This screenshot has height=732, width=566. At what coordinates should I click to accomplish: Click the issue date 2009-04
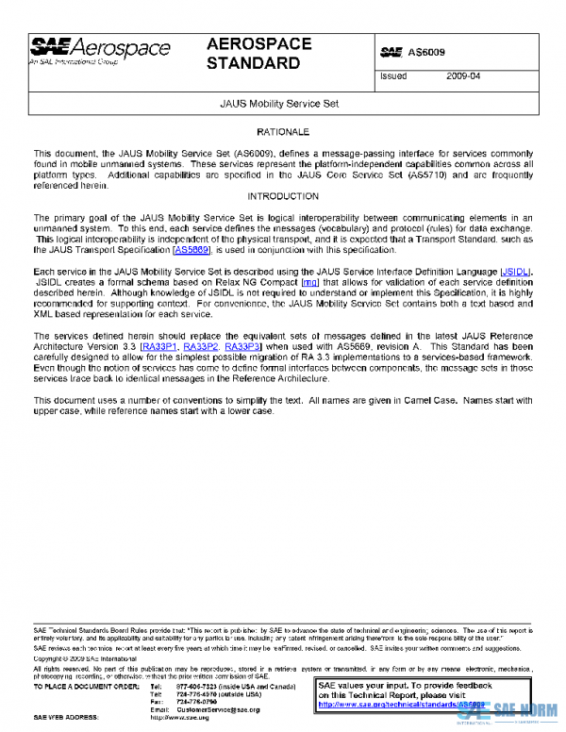coord(463,76)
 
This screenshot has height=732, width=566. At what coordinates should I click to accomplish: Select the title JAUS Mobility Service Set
coord(279,103)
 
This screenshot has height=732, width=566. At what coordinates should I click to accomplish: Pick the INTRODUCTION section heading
coord(283,196)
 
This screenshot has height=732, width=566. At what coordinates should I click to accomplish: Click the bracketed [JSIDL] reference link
coord(516,272)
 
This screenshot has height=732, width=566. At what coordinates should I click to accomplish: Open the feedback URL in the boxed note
coord(401,704)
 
